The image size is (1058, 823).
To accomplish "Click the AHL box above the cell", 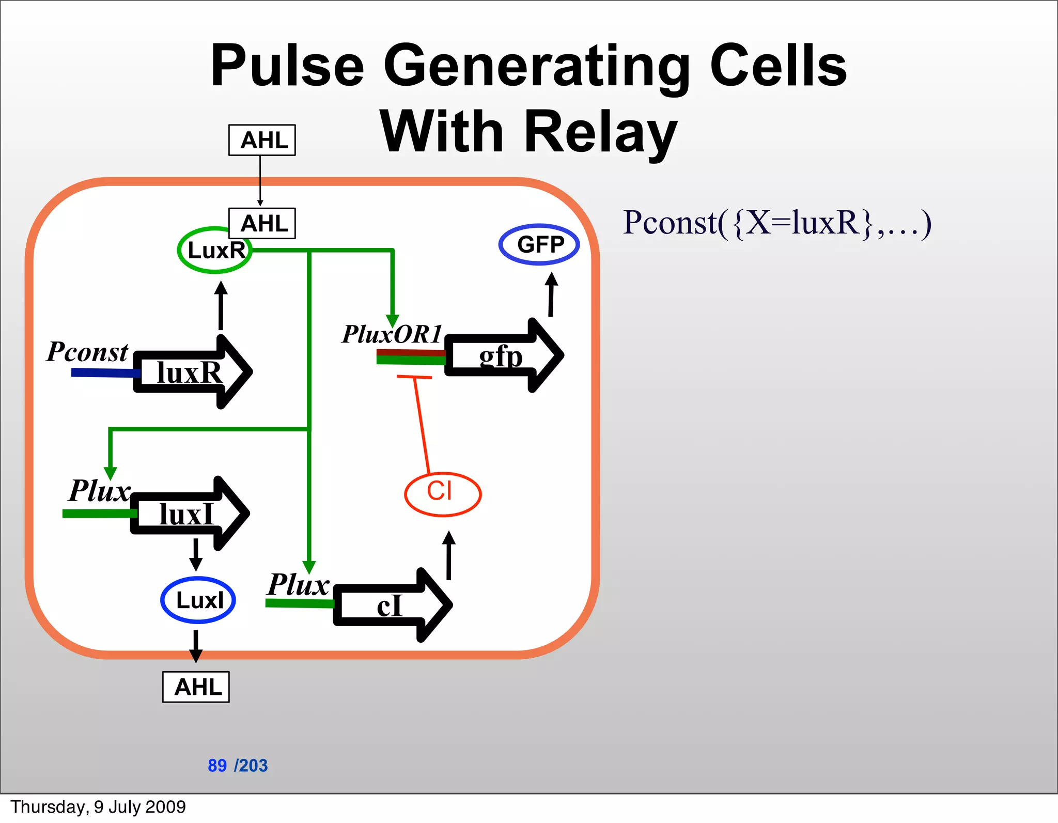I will (x=262, y=140).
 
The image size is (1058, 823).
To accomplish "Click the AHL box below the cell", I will (x=196, y=687).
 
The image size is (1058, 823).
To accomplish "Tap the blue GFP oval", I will (x=539, y=244).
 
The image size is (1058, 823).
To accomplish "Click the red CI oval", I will (x=443, y=493).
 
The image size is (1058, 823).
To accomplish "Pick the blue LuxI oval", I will (x=198, y=600).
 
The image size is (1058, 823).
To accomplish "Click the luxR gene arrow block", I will (x=191, y=372).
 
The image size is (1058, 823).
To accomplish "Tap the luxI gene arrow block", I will (x=189, y=514).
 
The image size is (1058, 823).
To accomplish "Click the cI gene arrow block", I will (x=391, y=605).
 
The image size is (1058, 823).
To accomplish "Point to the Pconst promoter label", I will (x=87, y=352).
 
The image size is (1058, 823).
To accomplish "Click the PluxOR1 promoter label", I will (x=392, y=334).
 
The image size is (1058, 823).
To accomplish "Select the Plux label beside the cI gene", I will (x=299, y=585).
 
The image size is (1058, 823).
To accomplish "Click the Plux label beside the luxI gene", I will (x=100, y=491).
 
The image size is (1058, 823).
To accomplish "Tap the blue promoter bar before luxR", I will (x=103, y=372).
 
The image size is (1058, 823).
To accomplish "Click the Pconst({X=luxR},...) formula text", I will (x=777, y=223).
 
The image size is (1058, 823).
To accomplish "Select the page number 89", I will (x=217, y=765).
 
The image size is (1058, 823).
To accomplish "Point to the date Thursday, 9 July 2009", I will (x=98, y=806).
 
